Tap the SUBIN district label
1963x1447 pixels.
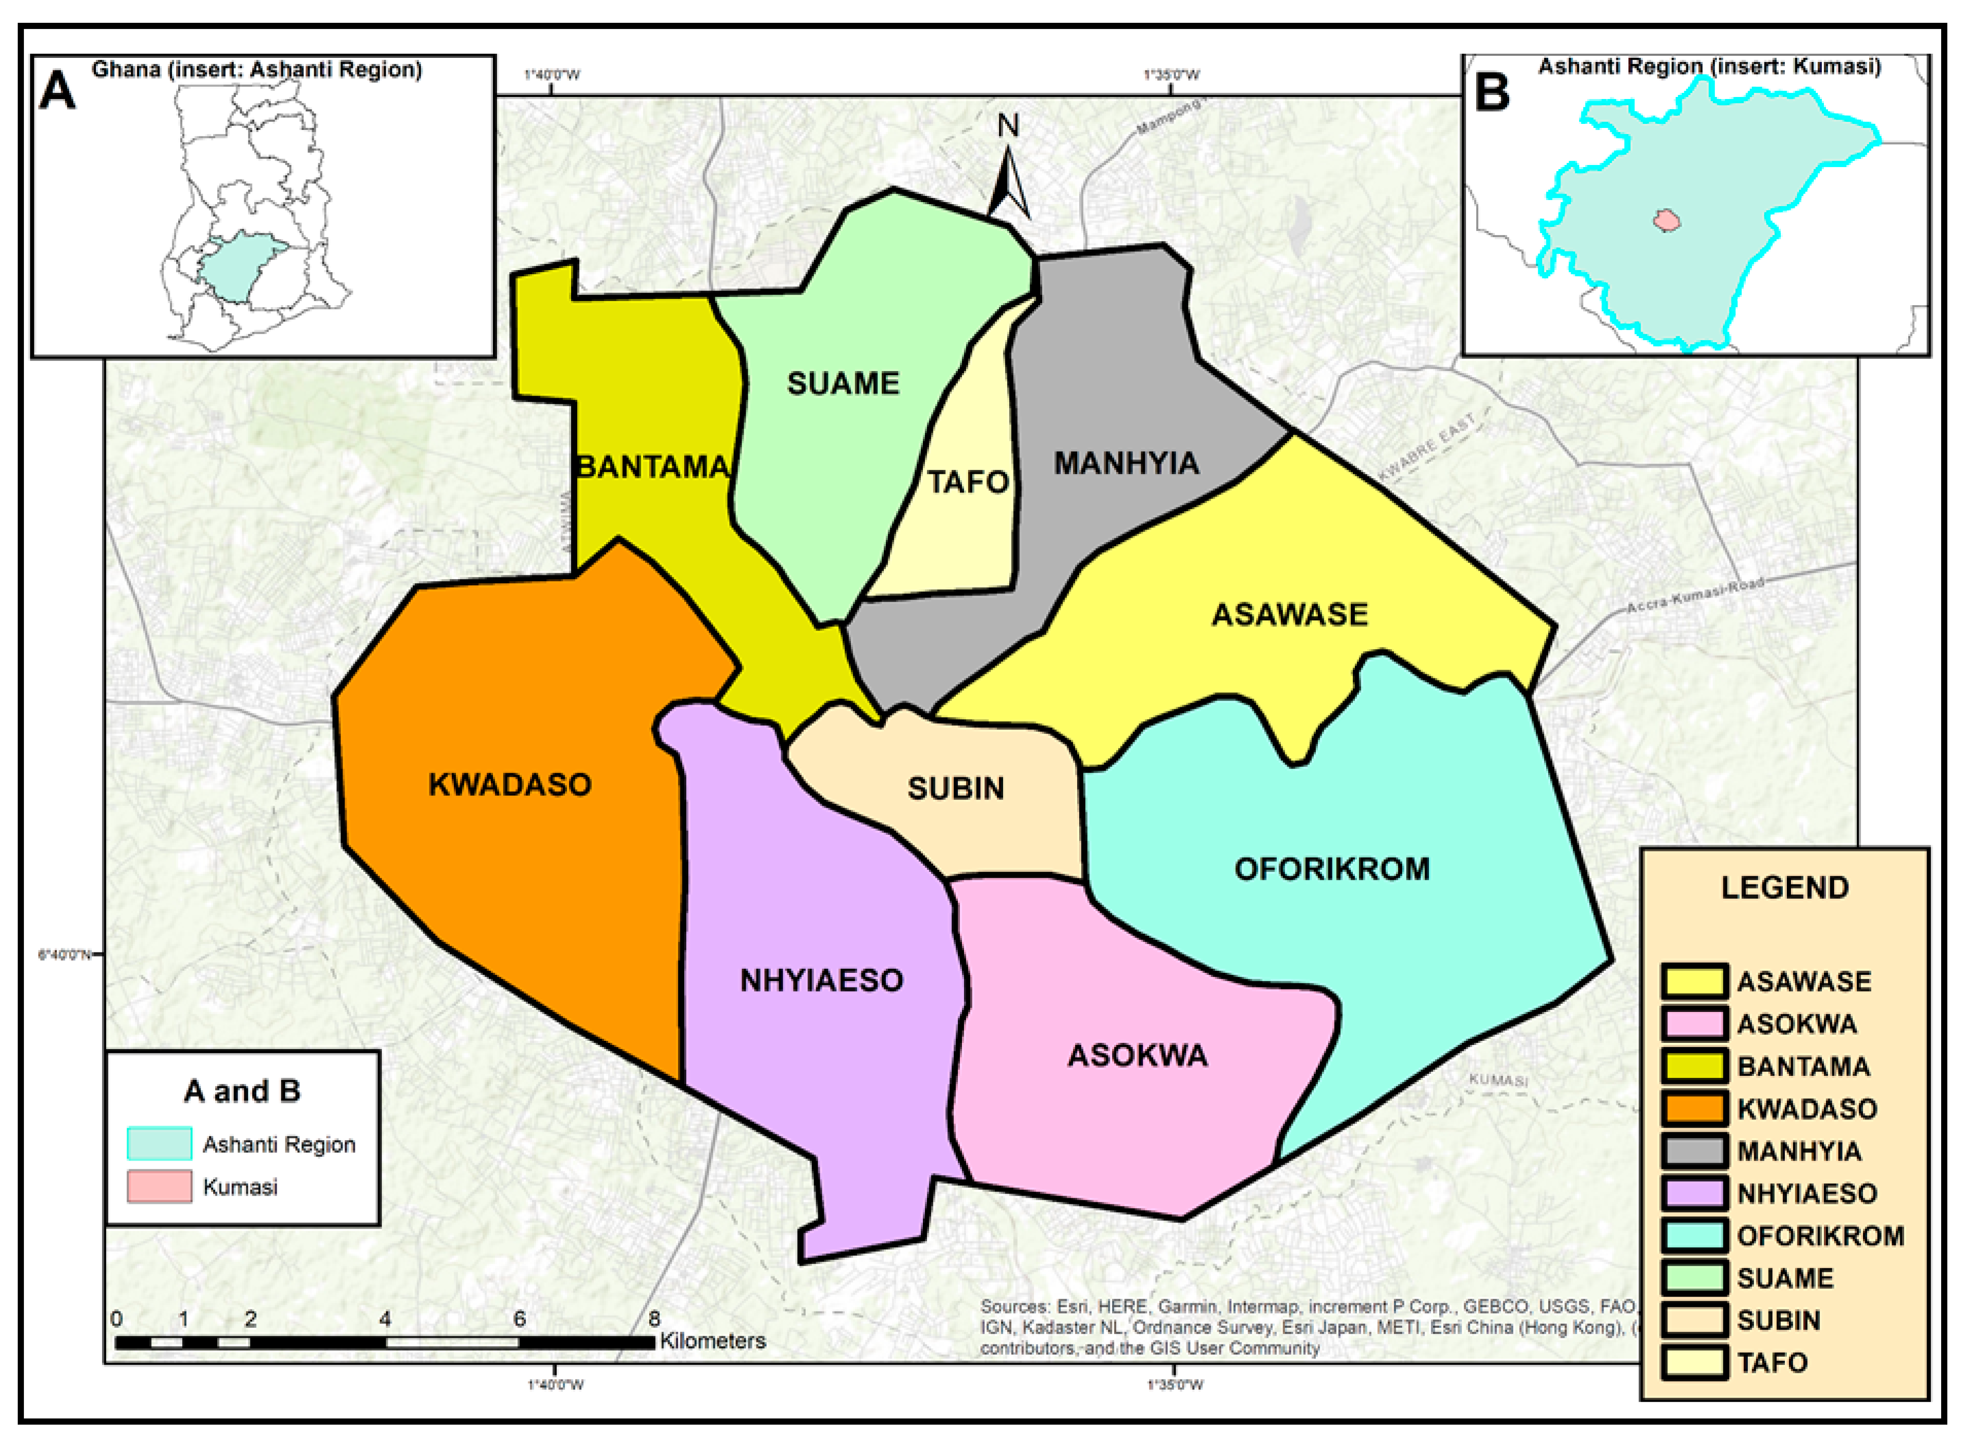click(955, 788)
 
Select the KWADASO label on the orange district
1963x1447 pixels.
click(510, 784)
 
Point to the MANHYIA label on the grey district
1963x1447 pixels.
click(1126, 463)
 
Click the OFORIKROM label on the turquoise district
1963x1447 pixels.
click(1332, 869)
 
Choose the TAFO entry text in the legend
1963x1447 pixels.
click(1772, 1363)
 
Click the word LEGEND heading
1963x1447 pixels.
click(1784, 887)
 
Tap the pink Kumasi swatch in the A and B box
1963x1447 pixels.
click(159, 1187)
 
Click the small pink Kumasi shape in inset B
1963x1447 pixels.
click(1667, 220)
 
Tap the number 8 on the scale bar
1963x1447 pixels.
click(653, 1318)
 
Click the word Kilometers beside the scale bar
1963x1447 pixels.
click(713, 1341)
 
